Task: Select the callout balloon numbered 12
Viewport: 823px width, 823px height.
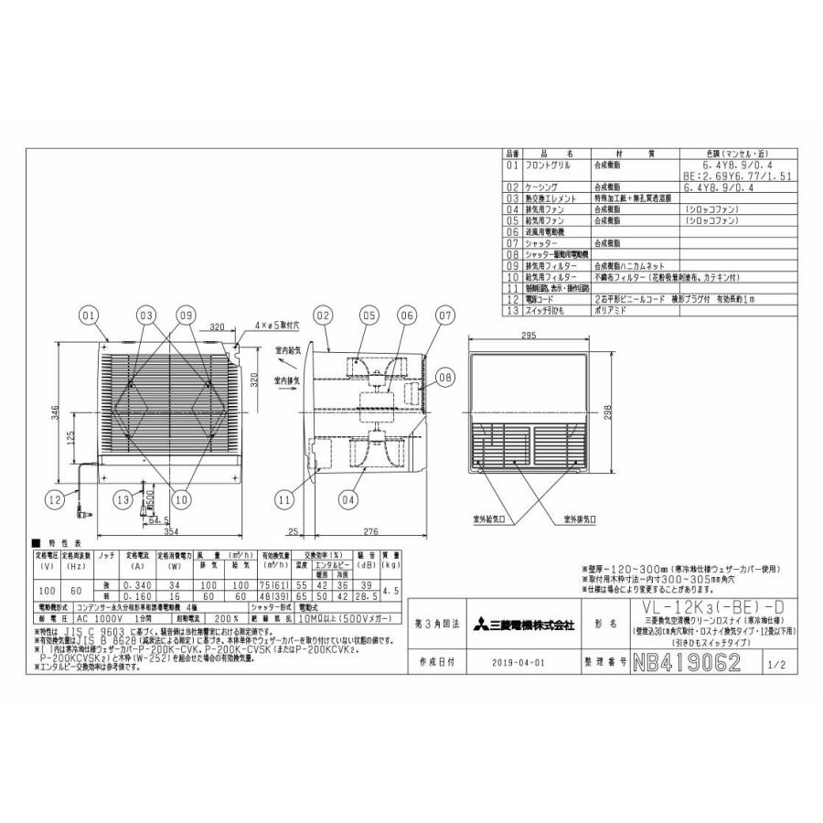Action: pyautogui.click(x=56, y=499)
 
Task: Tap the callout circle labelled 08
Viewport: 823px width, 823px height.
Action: pyautogui.click(x=444, y=376)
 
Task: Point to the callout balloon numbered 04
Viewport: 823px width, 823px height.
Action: pyautogui.click(x=347, y=499)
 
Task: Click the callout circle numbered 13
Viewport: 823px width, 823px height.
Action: pyautogui.click(x=123, y=499)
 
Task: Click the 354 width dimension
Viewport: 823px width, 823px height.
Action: pyautogui.click(x=165, y=531)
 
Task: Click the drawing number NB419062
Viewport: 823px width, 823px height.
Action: pyautogui.click(x=685, y=662)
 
